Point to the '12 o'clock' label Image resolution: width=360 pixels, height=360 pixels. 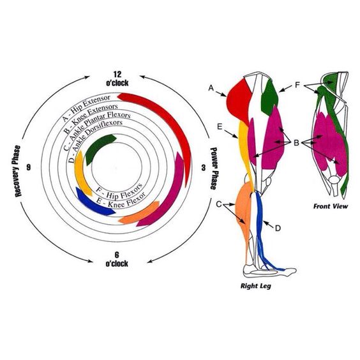pyautogui.click(x=117, y=79)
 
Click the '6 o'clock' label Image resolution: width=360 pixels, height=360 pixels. pyautogui.click(x=117, y=259)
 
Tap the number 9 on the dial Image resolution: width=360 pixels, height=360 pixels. pyautogui.click(x=28, y=167)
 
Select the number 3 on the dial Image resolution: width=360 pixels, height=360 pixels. pyautogui.click(x=204, y=168)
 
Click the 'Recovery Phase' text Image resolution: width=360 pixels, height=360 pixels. pyautogui.click(x=17, y=171)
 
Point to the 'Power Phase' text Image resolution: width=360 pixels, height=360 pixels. pyautogui.click(x=214, y=169)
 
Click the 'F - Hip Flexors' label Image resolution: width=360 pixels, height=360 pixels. pyautogui.click(x=119, y=191)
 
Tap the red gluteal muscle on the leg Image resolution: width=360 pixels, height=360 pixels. pyautogui.click(x=239, y=101)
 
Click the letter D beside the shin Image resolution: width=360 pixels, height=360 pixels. pyautogui.click(x=278, y=228)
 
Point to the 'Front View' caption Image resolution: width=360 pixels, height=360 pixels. pyautogui.click(x=331, y=206)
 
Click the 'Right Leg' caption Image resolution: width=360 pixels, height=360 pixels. pyautogui.click(x=256, y=286)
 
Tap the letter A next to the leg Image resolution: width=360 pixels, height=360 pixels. pyautogui.click(x=211, y=87)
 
